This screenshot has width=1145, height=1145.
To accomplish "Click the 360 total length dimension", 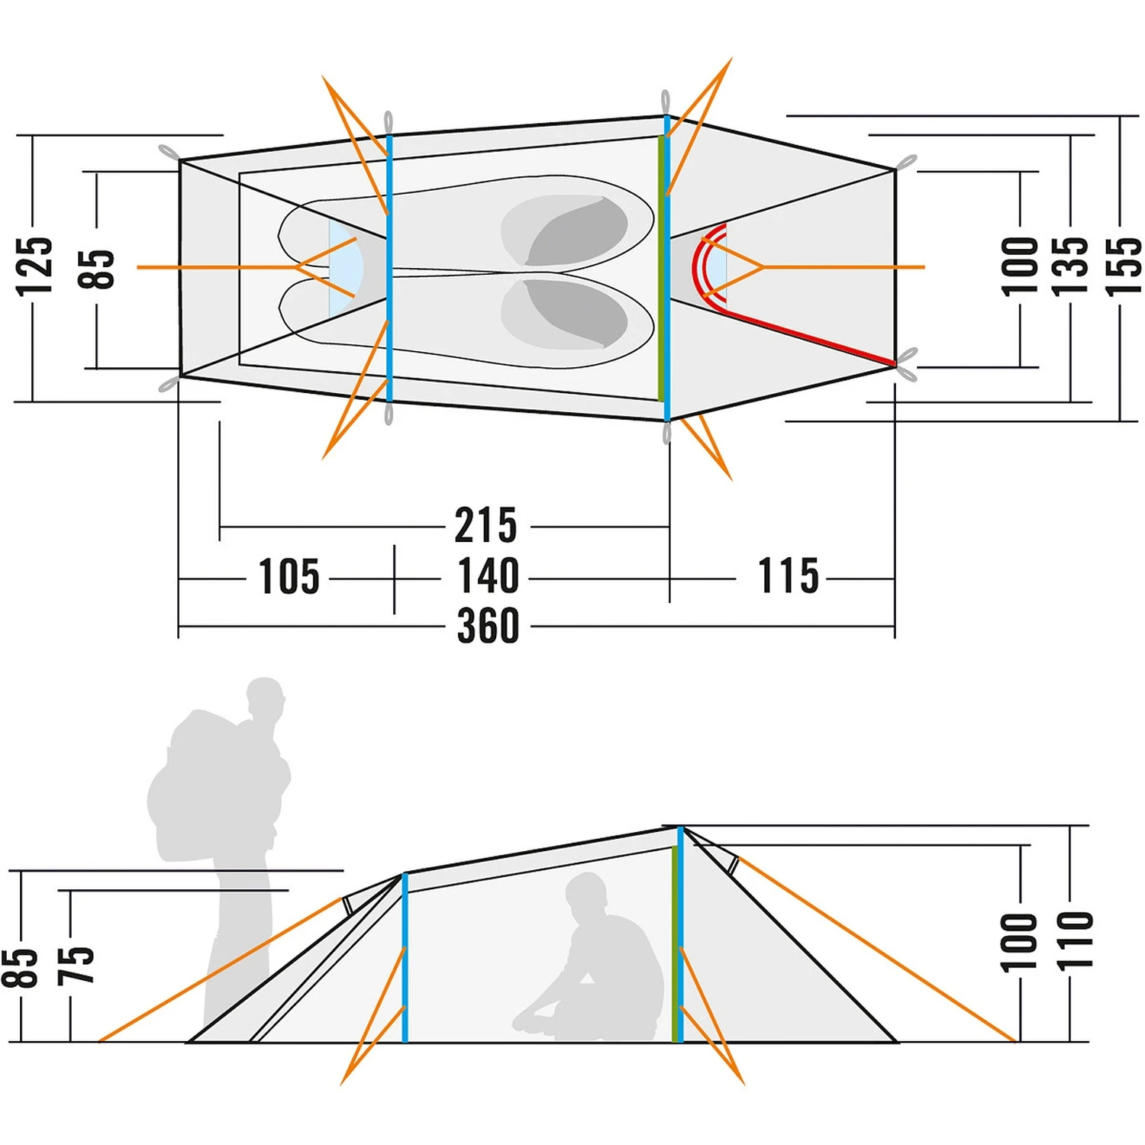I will click(x=488, y=626).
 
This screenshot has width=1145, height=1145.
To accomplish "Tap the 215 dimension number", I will click(x=486, y=525).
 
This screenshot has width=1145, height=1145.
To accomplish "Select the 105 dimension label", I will click(x=289, y=576).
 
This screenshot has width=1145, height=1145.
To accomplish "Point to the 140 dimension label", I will click(x=488, y=576).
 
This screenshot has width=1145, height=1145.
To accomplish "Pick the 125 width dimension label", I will click(x=35, y=266).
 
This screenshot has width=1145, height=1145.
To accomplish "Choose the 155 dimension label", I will click(x=1122, y=266).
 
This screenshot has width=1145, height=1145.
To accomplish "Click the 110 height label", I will click(x=1075, y=940).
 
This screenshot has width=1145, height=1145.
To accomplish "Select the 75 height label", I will click(x=76, y=965).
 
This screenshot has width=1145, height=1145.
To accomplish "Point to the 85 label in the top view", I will click(x=96, y=269).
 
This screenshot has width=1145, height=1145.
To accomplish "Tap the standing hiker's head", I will click(x=265, y=698).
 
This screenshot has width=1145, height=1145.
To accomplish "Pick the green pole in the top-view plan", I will click(x=660, y=267).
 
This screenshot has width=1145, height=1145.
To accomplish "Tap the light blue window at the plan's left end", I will click(x=341, y=269).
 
